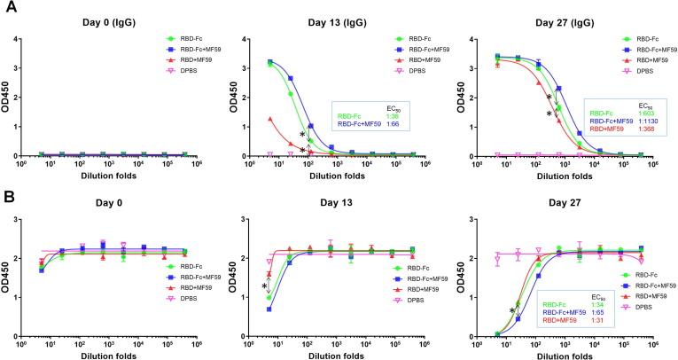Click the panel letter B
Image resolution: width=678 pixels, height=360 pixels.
point(10,191)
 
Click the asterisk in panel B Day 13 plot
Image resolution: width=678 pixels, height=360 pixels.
point(264,286)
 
